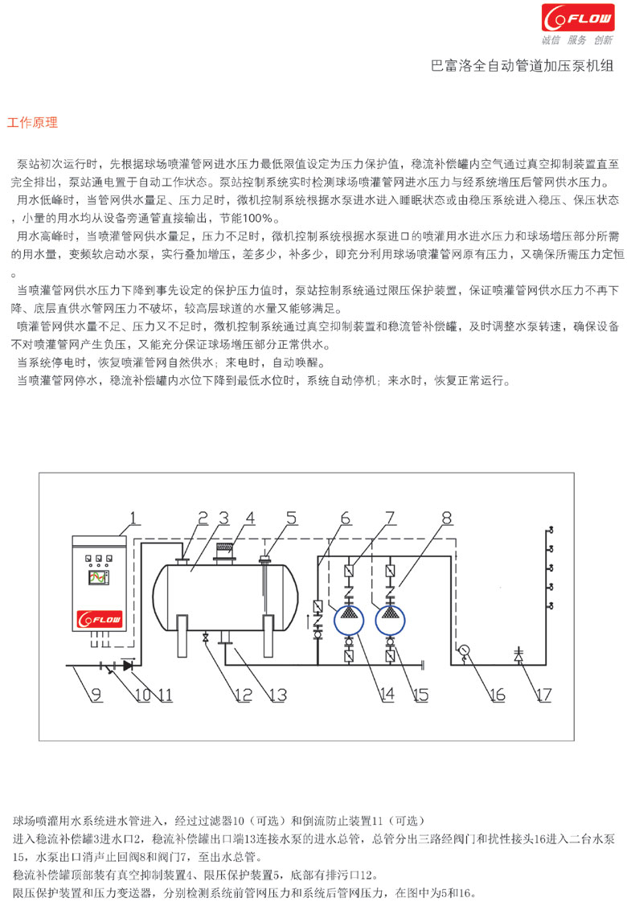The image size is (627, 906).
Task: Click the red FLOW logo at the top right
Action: tap(578, 18)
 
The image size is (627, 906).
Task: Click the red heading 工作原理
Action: tap(32, 122)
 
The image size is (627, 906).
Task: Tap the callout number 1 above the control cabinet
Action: tap(133, 517)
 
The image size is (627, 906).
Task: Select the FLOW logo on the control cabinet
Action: tap(100, 619)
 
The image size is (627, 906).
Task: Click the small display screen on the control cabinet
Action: tap(99, 577)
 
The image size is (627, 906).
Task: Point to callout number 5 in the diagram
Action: tap(292, 518)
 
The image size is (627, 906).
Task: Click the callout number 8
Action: tap(447, 518)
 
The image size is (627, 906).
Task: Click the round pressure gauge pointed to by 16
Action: tap(464, 650)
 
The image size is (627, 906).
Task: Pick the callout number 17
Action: tap(543, 695)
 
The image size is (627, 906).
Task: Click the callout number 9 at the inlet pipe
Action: tap(96, 695)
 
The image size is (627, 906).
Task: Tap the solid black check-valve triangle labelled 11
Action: tap(128, 666)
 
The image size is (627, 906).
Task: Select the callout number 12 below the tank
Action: tap(244, 695)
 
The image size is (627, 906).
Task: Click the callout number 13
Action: tap(278, 695)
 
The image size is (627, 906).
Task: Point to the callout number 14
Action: tap(387, 695)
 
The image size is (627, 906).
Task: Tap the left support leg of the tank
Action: tap(182, 636)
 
